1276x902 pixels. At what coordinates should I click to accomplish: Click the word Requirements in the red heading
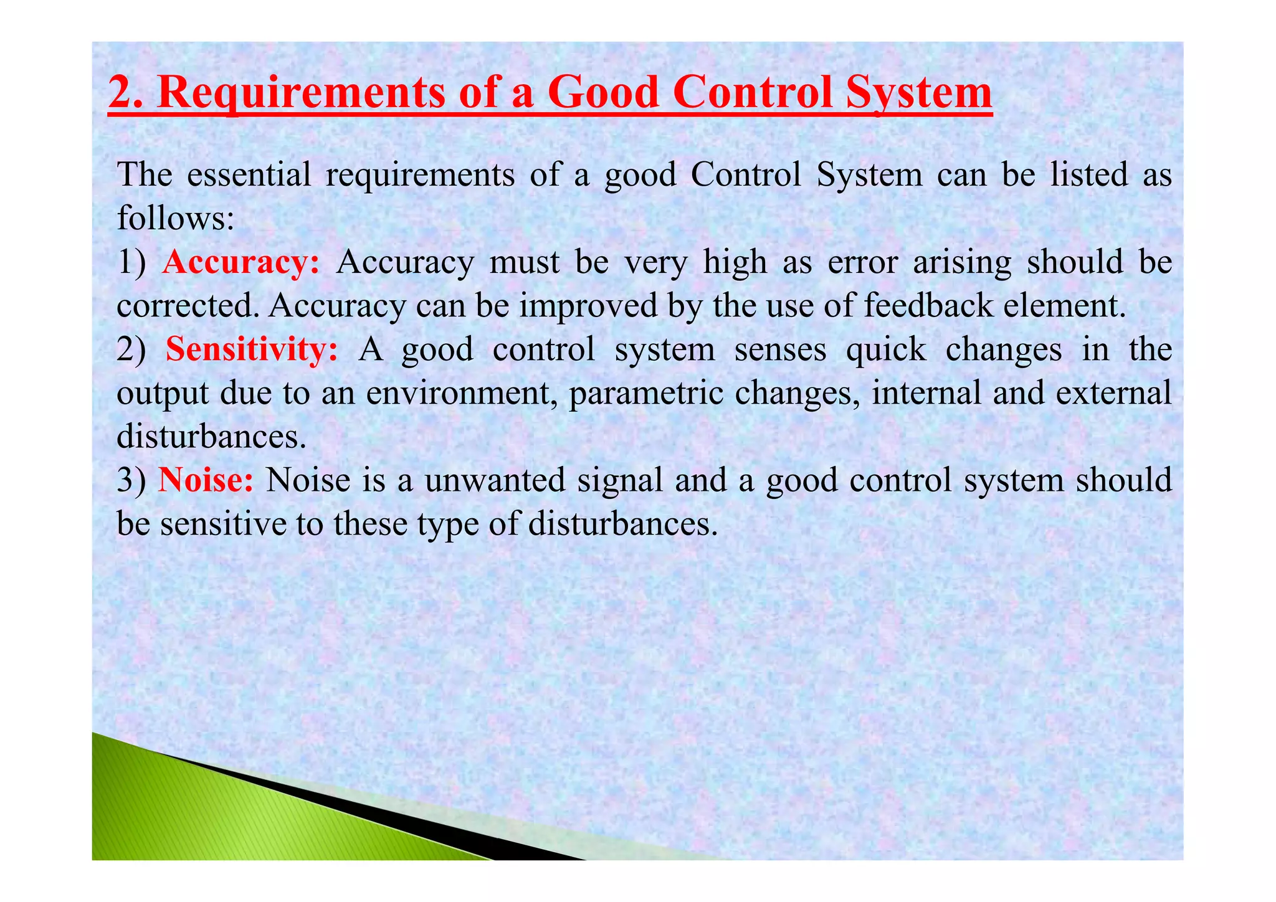tap(302, 93)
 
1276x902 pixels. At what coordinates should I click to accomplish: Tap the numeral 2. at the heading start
tap(128, 93)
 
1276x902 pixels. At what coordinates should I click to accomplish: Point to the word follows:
tap(176, 218)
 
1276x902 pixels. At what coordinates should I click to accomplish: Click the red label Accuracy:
tap(240, 262)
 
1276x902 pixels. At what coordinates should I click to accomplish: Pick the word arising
tap(962, 262)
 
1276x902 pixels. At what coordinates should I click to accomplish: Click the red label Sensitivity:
tap(252, 349)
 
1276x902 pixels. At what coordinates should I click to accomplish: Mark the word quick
tap(886, 349)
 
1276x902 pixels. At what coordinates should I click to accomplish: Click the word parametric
tap(645, 393)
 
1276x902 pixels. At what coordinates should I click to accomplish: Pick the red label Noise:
tap(206, 480)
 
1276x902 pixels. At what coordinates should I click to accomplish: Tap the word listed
tap(1088, 174)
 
